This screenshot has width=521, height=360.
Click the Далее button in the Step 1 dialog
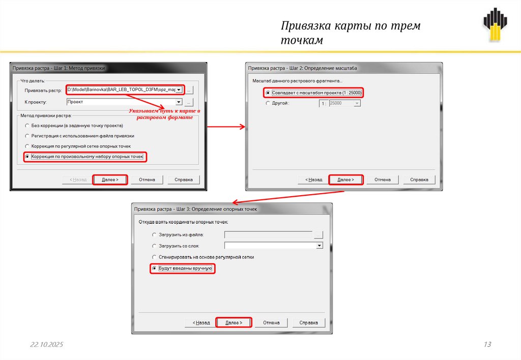110,179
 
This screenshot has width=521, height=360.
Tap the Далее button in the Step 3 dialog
234,322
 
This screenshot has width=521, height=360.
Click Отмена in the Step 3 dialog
271,322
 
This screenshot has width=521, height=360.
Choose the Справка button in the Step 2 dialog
419,179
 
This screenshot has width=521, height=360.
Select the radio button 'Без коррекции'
27,126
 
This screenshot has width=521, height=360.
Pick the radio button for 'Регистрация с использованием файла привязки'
27,136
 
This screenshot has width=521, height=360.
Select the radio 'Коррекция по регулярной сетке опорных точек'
27,146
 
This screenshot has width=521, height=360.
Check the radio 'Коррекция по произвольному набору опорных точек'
27,157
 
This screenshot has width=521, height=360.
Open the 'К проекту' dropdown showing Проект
179,102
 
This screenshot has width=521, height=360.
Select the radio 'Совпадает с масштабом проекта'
268,93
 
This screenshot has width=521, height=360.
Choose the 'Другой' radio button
268,103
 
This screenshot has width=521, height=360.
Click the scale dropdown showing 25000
344,103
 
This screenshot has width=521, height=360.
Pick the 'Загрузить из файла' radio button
154,235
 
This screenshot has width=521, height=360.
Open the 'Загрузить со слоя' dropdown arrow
320,246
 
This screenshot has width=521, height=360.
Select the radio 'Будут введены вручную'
154,268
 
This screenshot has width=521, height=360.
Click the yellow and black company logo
495,24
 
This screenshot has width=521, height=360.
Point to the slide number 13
487,344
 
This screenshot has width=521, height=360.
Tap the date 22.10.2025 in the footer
46,344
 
